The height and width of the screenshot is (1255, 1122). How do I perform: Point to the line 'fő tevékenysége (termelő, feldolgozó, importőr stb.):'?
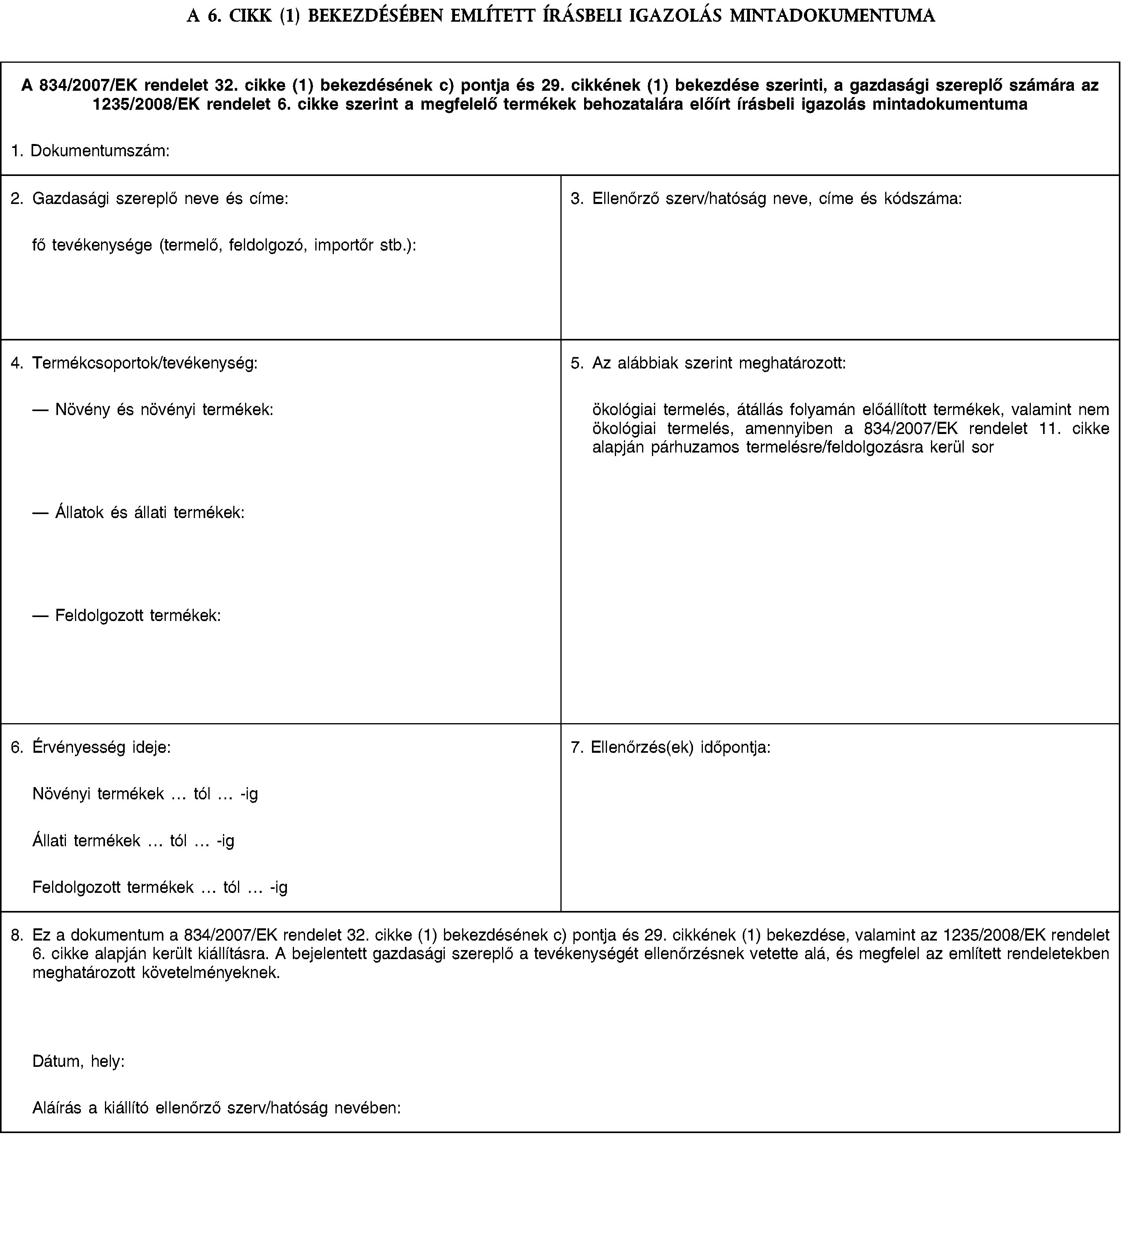(225, 245)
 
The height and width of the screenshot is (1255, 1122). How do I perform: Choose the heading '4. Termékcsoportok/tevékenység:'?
(135, 364)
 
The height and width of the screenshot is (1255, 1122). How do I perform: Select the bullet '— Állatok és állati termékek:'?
(139, 513)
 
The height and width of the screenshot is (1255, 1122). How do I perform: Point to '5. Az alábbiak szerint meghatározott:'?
(708, 364)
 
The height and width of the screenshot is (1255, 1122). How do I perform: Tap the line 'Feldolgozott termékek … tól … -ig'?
(160, 888)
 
